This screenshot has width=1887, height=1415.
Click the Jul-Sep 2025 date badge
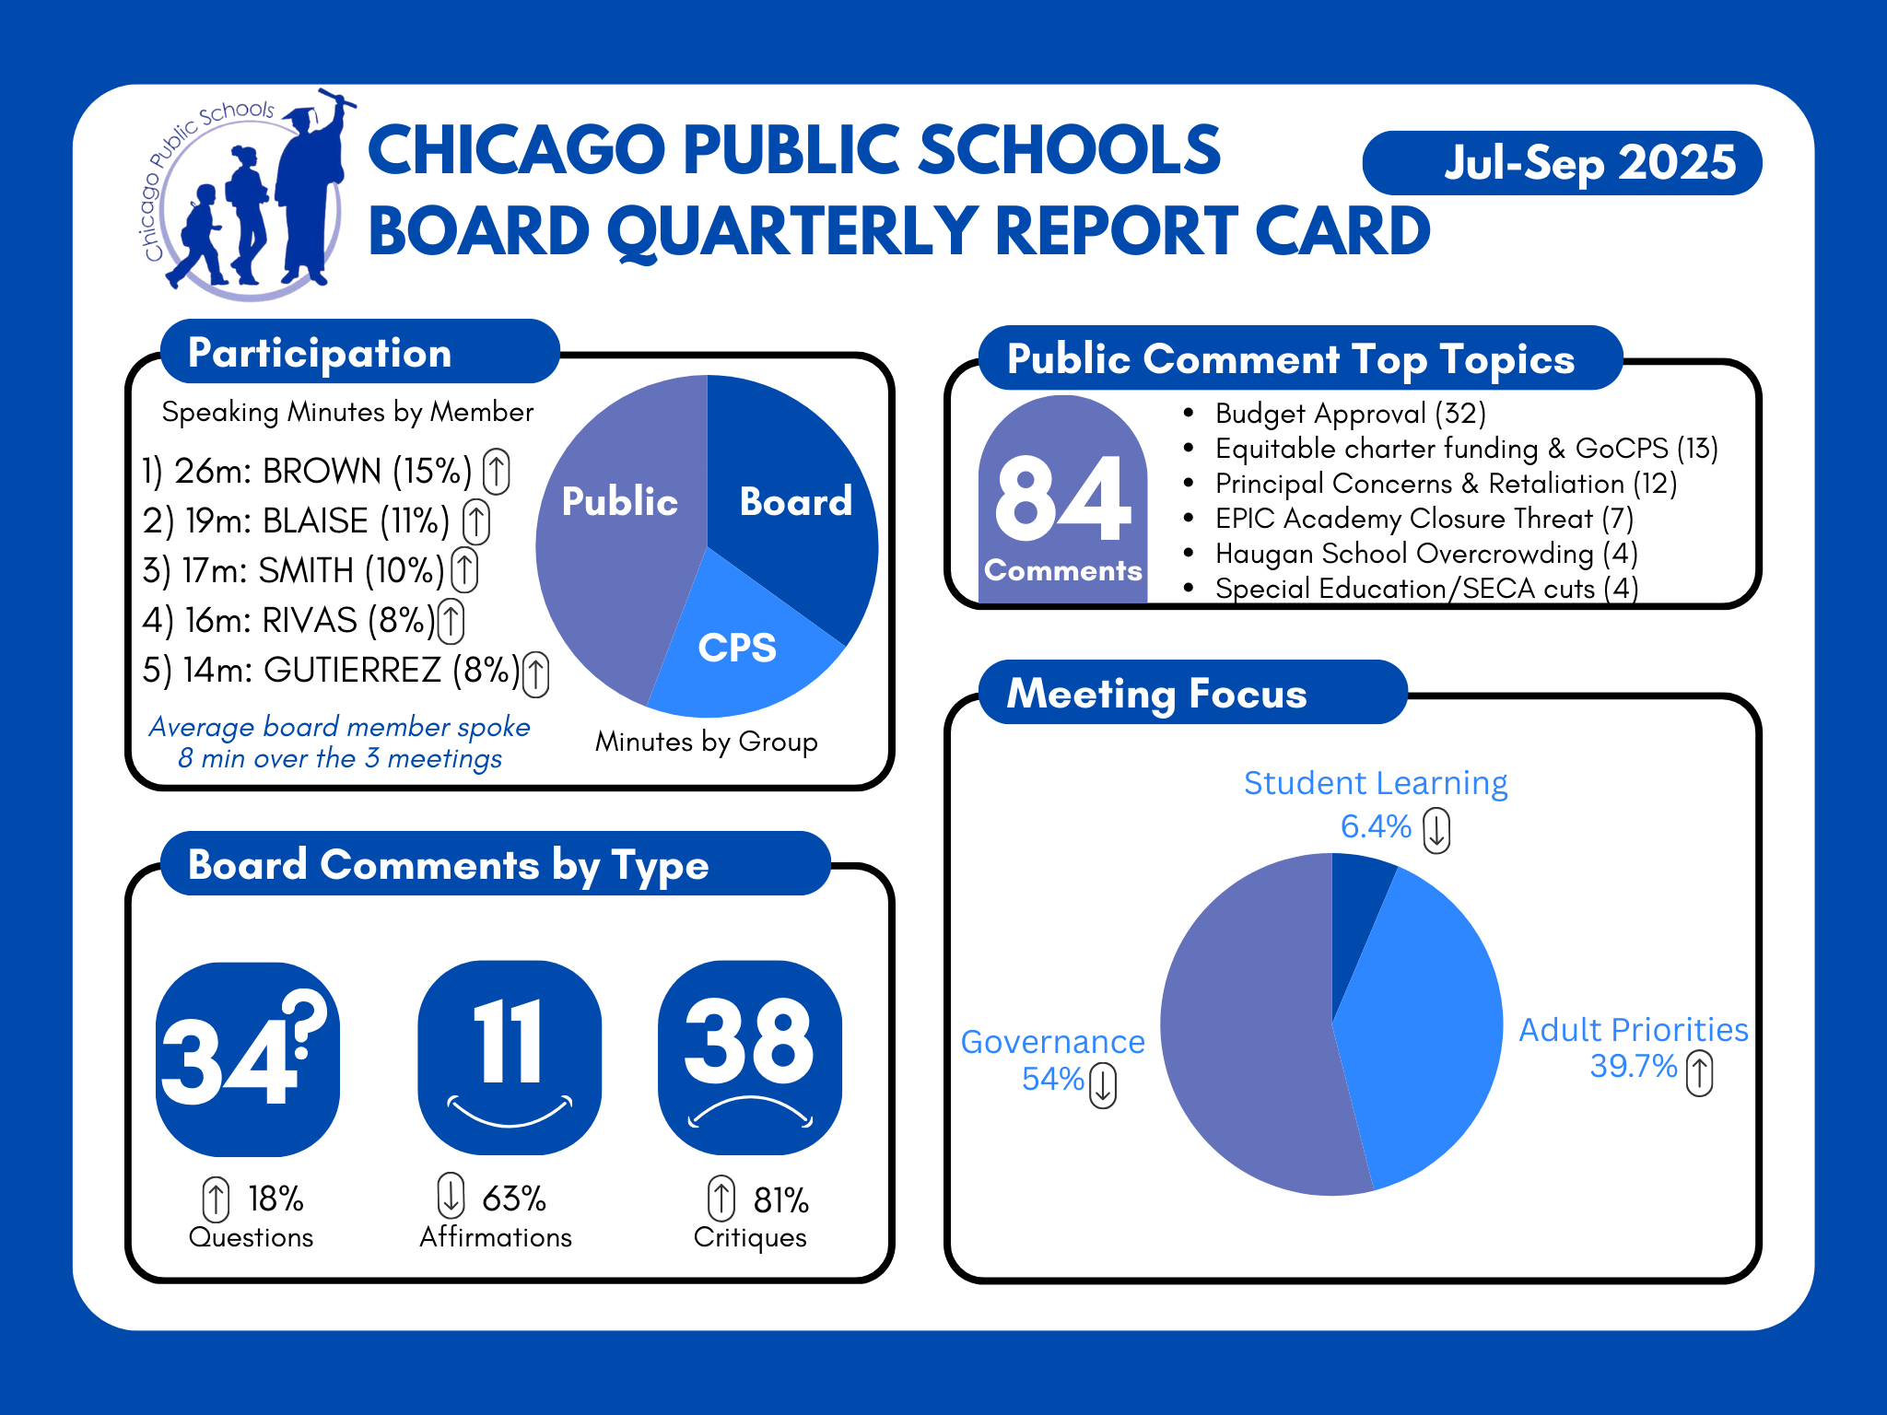[1563, 163]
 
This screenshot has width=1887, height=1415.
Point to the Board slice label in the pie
[795, 502]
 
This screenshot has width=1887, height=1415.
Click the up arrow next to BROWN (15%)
[497, 471]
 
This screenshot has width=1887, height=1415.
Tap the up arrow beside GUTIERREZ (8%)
[536, 672]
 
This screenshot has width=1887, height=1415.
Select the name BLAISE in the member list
[315, 521]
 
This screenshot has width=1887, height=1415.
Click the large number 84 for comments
[1062, 500]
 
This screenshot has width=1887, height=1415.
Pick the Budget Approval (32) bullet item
[1350, 414]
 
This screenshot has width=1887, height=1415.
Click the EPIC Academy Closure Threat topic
[1424, 519]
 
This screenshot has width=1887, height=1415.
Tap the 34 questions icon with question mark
[248, 1058]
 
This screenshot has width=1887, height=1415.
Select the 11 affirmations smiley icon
[510, 1057]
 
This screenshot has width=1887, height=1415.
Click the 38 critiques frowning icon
[750, 1057]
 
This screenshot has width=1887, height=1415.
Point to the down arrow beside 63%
[451, 1195]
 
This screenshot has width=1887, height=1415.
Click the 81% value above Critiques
[780, 1199]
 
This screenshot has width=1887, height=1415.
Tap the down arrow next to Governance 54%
[1103, 1084]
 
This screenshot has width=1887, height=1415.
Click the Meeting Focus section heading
[1157, 694]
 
